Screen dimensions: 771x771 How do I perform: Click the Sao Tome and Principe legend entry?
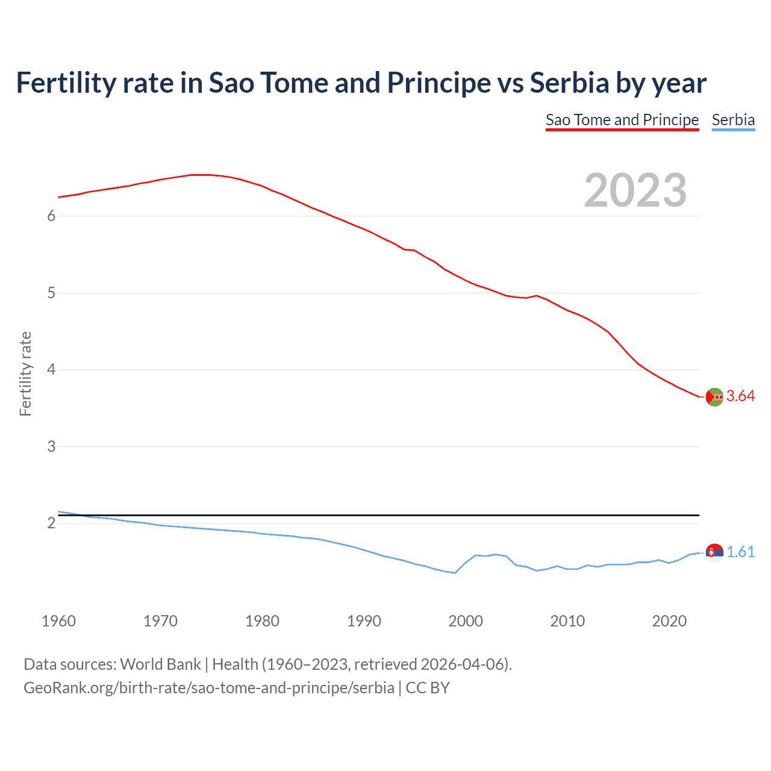(622, 120)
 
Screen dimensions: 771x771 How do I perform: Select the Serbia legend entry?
(733, 120)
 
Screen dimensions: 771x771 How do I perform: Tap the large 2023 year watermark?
(635, 190)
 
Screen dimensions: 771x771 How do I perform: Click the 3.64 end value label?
(740, 396)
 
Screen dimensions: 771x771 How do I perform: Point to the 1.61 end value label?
(740, 552)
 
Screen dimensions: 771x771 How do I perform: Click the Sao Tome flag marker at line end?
(714, 397)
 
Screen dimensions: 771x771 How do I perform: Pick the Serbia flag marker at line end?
(714, 552)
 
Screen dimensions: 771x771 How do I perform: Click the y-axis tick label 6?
(51, 216)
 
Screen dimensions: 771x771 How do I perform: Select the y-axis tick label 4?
(51, 369)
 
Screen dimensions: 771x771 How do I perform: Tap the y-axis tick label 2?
(51, 523)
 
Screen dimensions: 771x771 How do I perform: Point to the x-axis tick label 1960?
(58, 621)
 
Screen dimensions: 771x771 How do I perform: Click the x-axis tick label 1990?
(364, 621)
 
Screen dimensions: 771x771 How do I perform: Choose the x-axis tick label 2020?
(669, 621)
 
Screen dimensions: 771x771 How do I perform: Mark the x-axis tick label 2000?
(466, 621)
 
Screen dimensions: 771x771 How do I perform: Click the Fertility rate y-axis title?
(25, 373)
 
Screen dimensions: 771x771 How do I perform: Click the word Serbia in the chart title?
(569, 83)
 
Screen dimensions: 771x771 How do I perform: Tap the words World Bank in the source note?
(160, 664)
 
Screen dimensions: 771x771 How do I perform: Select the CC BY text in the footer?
(428, 688)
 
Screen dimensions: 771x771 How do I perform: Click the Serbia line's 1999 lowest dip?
(455, 573)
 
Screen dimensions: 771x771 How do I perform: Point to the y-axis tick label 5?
(51, 293)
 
